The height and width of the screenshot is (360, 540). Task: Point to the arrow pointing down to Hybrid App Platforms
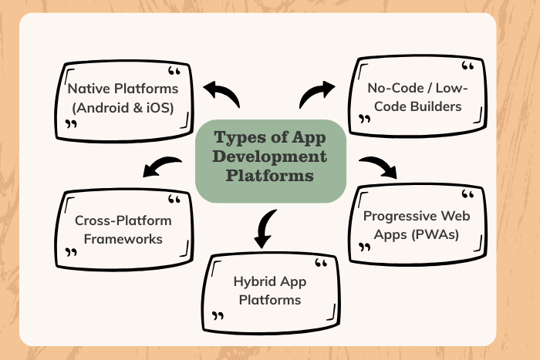click(x=265, y=227)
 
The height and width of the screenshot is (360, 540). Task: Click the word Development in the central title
click(x=269, y=157)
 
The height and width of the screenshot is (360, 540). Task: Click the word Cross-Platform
click(x=123, y=220)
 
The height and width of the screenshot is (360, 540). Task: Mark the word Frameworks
click(x=123, y=239)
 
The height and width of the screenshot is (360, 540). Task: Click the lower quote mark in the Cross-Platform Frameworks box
click(x=71, y=252)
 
